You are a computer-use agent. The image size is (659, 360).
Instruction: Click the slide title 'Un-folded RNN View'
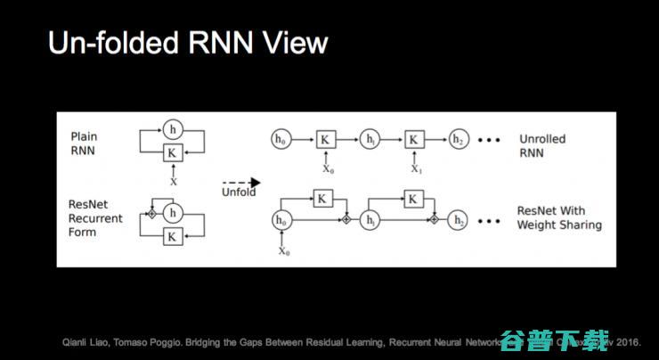pyautogui.click(x=189, y=44)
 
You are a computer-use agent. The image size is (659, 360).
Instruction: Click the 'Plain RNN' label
pyautogui.click(x=86, y=143)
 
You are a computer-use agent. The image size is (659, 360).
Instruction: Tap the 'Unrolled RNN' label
pyautogui.click(x=542, y=146)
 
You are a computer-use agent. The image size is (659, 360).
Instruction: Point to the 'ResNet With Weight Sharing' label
pyautogui.click(x=558, y=218)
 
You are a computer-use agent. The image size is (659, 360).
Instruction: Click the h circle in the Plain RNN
pyautogui.click(x=173, y=129)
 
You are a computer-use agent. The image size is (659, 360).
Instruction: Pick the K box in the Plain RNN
pyautogui.click(x=173, y=152)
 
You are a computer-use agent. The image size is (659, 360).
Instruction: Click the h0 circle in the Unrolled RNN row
pyautogui.click(x=281, y=140)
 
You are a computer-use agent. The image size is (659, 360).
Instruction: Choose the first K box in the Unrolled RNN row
pyautogui.click(x=325, y=140)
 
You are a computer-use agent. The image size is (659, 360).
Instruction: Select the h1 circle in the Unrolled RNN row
pyautogui.click(x=369, y=140)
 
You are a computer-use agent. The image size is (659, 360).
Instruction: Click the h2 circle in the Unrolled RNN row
pyautogui.click(x=457, y=140)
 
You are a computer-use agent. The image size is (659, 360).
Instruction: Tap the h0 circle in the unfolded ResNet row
pyautogui.click(x=281, y=219)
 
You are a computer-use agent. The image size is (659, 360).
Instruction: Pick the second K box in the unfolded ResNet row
pyautogui.click(x=413, y=199)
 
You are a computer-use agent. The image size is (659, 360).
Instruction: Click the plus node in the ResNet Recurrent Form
pyautogui.click(x=151, y=214)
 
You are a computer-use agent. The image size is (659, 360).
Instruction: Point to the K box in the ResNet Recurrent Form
pyautogui.click(x=173, y=236)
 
